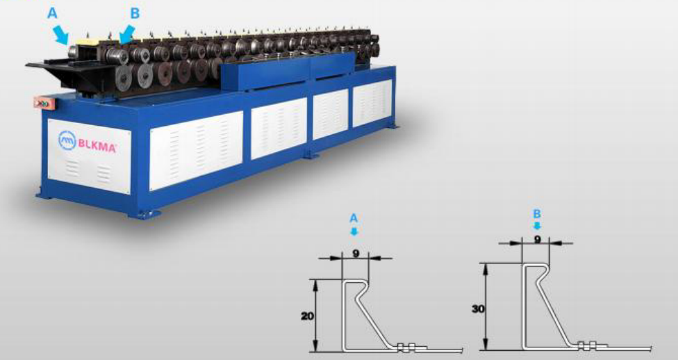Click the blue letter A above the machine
(52, 13)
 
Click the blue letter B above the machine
(135, 13)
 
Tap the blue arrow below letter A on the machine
(60, 35)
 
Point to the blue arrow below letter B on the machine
(126, 34)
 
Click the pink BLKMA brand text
(97, 146)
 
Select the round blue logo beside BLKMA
(67, 140)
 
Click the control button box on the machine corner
(42, 103)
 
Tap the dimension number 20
(308, 316)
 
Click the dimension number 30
(478, 309)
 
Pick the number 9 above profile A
(356, 254)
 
